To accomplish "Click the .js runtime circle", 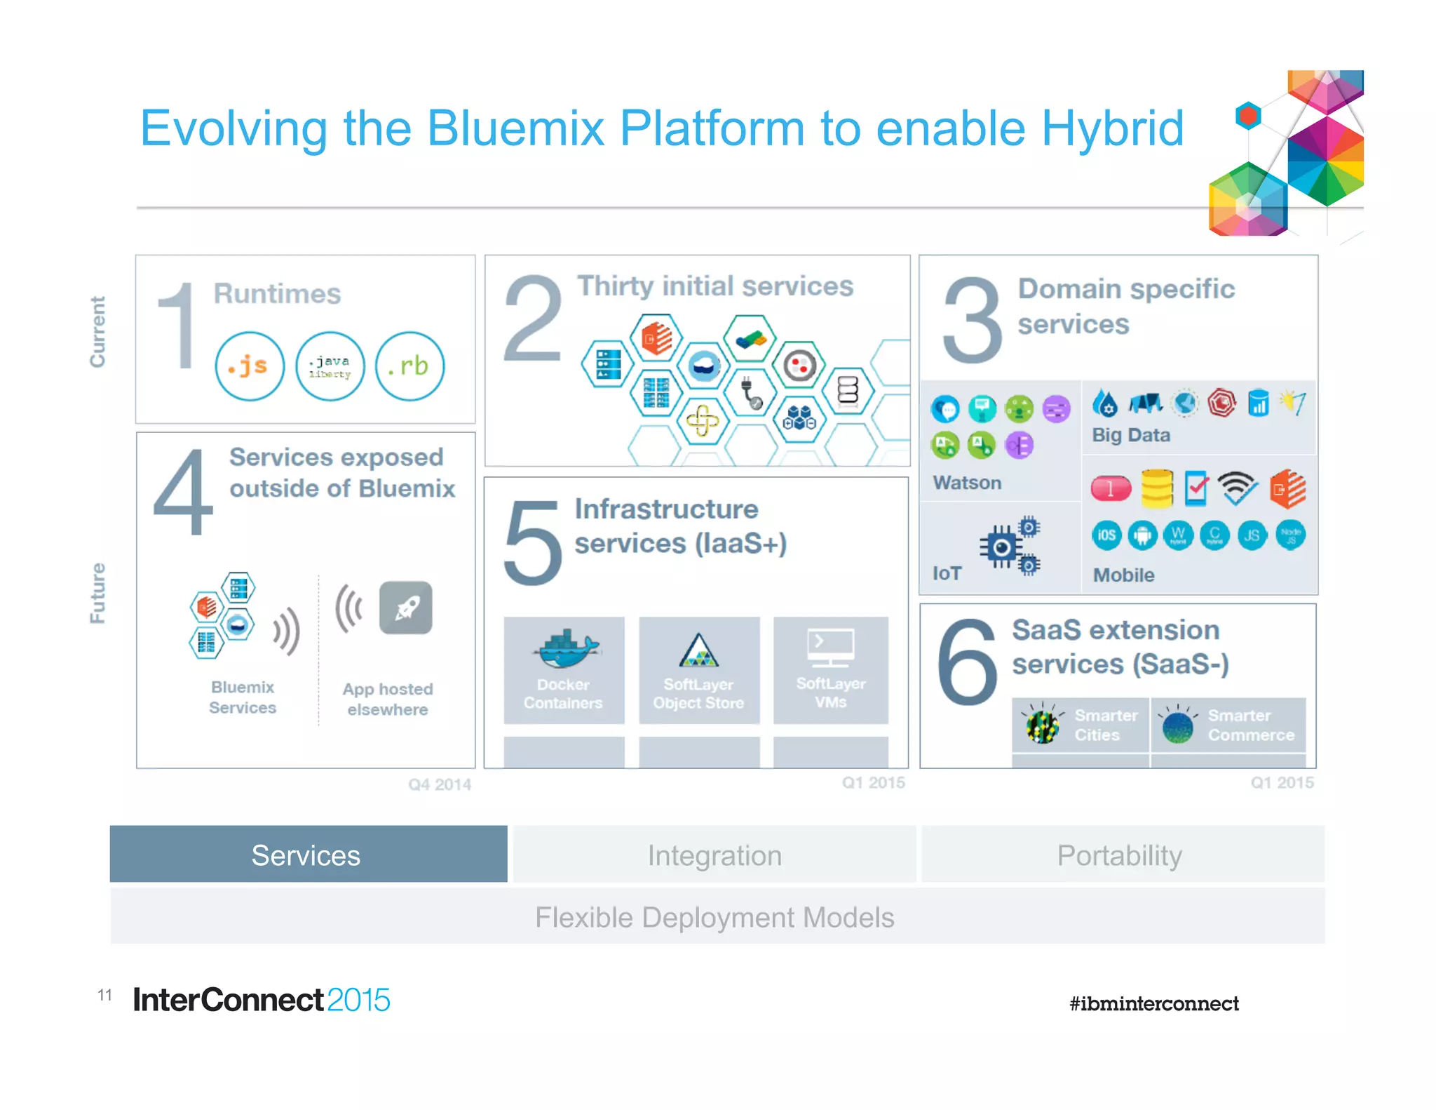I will (250, 366).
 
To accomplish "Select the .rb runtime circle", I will (410, 366).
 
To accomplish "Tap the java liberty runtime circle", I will (330, 366).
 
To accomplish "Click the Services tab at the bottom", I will (308, 854).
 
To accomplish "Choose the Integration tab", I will (714, 854).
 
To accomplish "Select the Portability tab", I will (1120, 854).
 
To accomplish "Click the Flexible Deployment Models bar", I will (715, 916).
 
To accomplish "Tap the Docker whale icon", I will (565, 648).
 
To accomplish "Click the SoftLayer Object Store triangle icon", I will (698, 650).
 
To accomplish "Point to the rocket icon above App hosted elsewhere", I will (406, 607).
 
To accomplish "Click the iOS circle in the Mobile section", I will (1106, 535).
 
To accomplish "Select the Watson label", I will (967, 483).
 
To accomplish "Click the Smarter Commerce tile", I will (1228, 725).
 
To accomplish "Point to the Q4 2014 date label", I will (440, 784).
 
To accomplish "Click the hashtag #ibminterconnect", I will (1153, 1003).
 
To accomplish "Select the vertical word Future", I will (97, 592).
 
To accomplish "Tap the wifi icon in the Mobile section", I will (1237, 488).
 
